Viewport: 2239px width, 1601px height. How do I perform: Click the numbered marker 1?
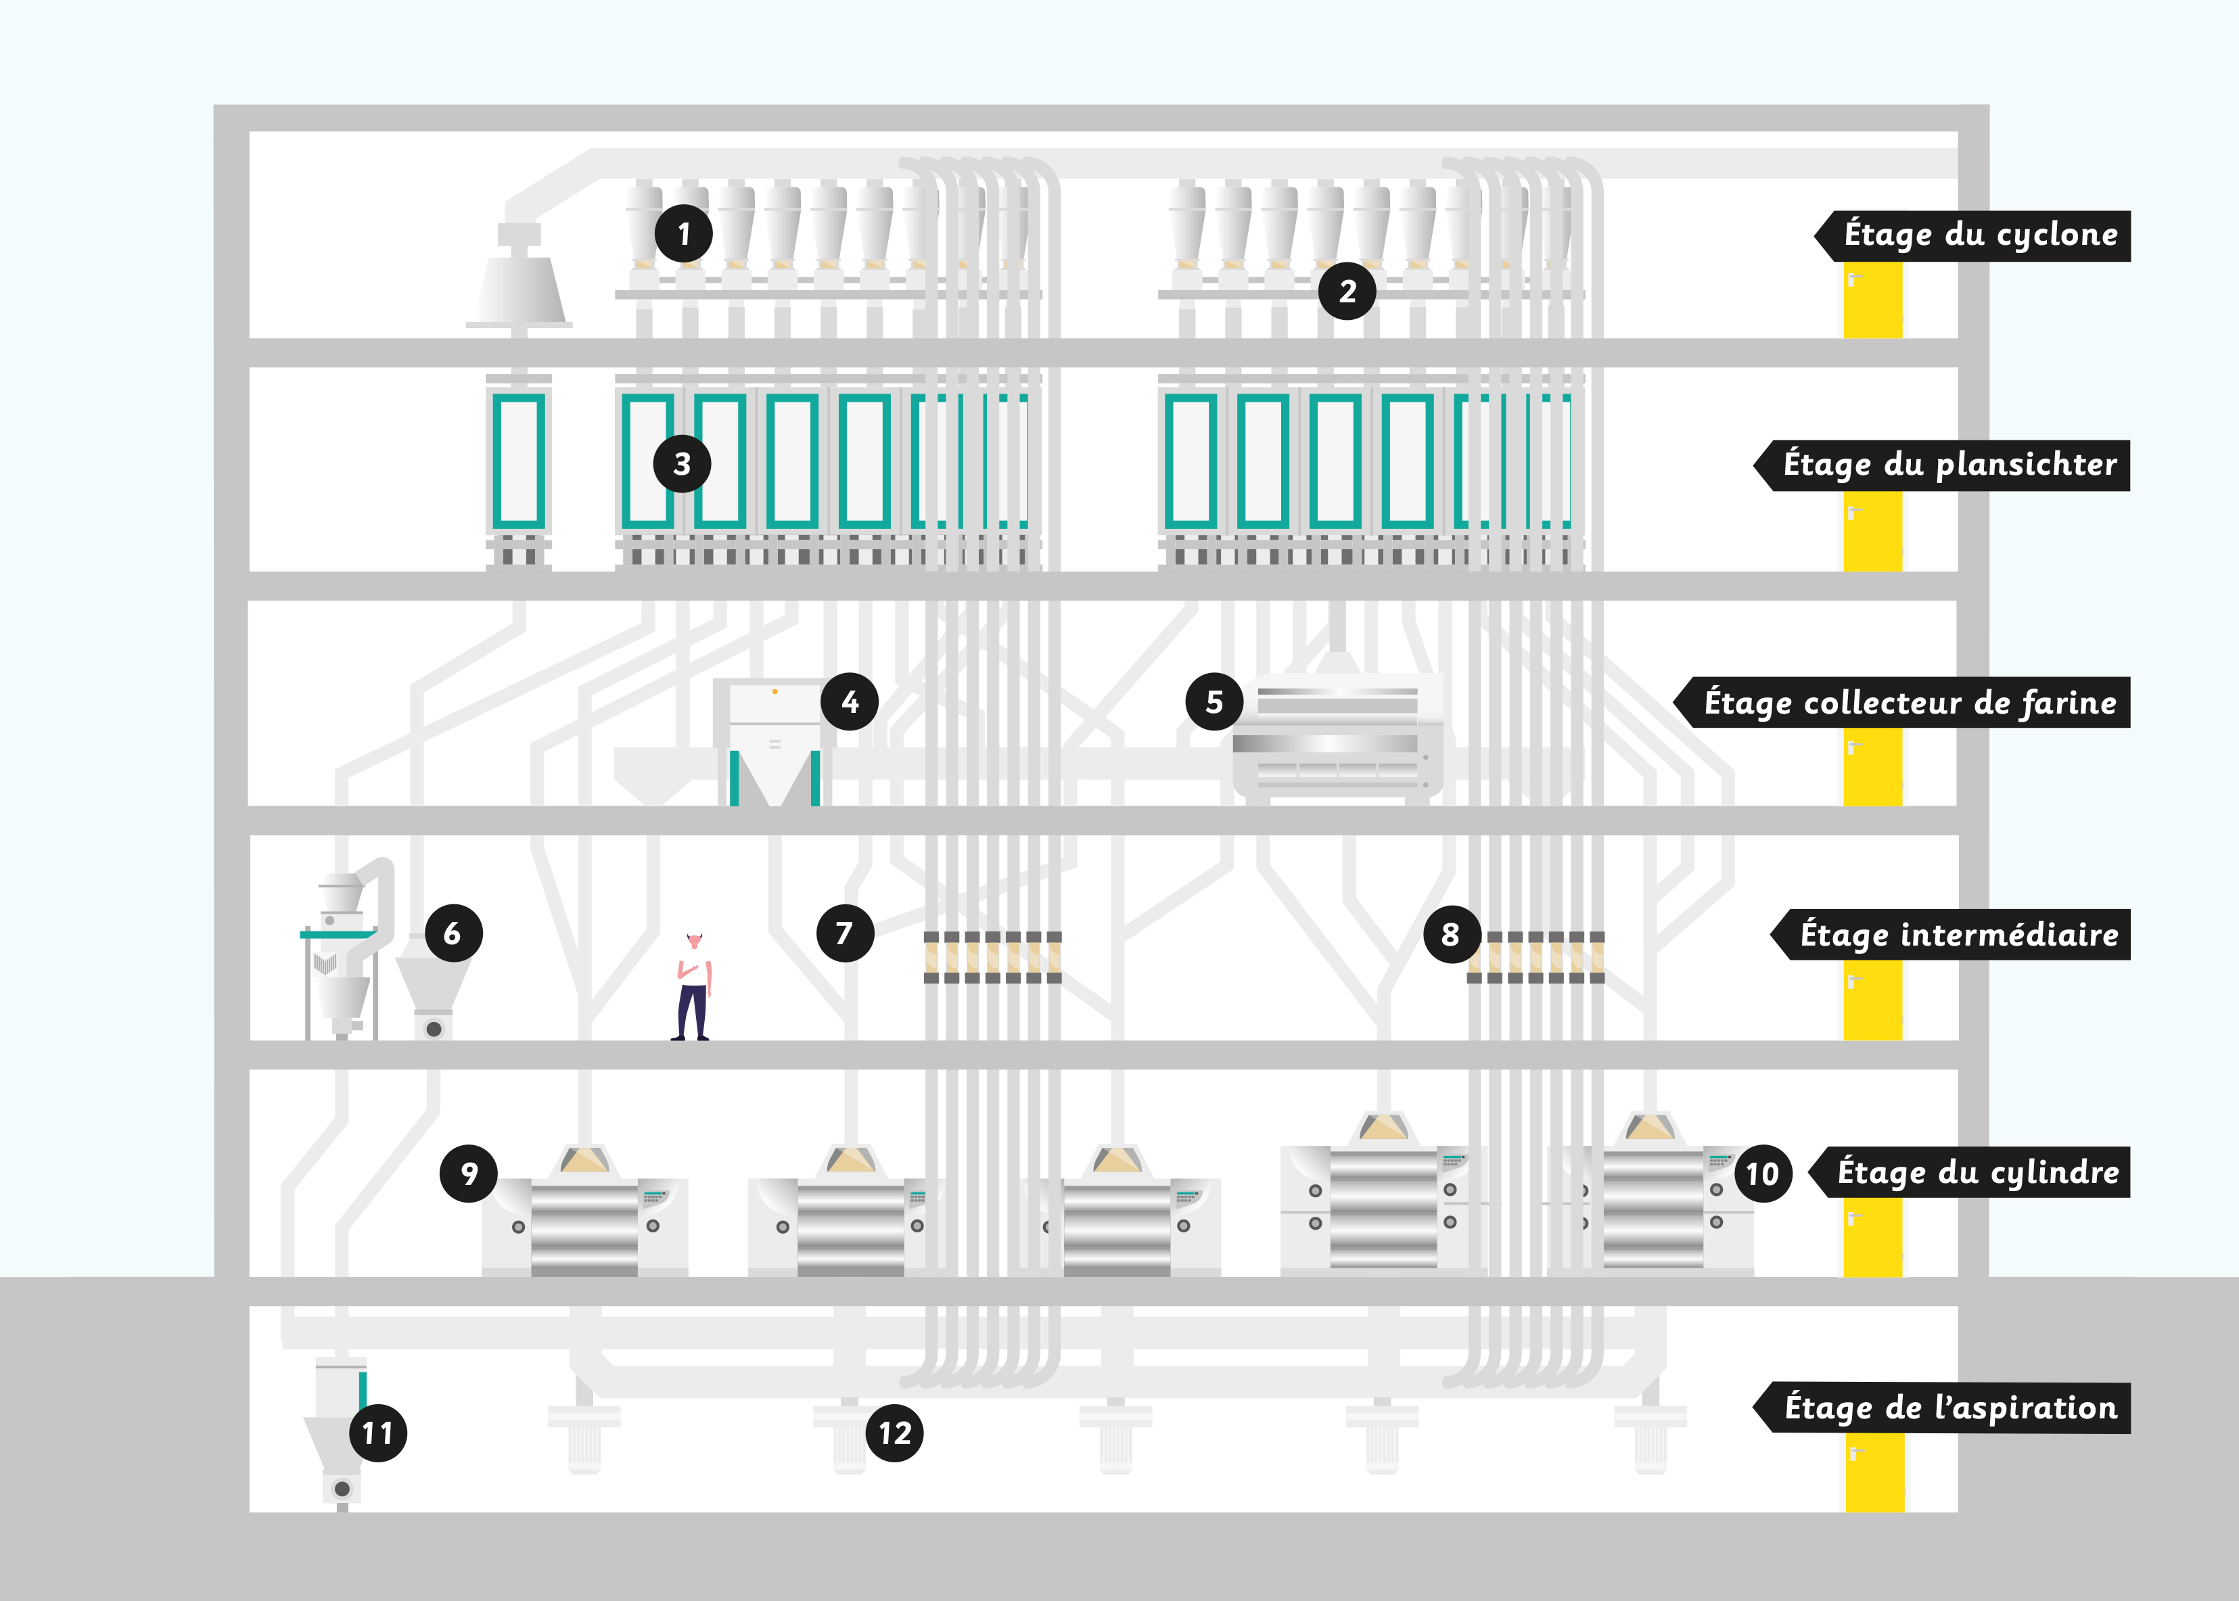[x=683, y=233]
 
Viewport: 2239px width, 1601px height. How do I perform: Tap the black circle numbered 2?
[x=1347, y=291]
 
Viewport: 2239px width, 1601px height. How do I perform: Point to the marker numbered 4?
[x=849, y=702]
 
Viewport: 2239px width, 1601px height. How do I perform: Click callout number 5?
[x=1214, y=702]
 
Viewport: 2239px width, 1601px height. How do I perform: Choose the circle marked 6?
[x=453, y=933]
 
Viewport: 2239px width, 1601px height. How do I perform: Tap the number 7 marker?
[x=845, y=933]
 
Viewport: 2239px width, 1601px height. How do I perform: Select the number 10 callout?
[x=1762, y=1173]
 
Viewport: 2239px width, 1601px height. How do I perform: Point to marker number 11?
[x=377, y=1433]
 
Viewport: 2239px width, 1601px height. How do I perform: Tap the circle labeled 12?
[x=894, y=1433]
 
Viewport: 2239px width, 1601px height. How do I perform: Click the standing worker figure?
[x=693, y=986]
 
